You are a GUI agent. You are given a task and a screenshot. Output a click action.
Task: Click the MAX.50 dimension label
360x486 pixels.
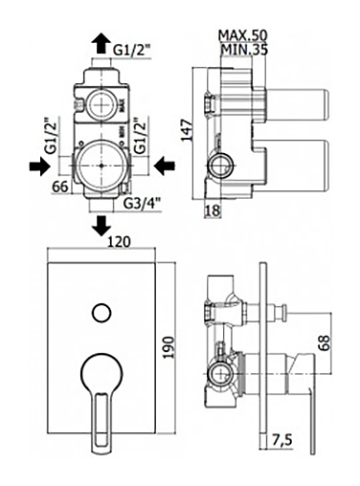[242, 35]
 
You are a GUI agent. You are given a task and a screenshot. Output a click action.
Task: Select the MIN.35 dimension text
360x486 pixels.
[244, 50]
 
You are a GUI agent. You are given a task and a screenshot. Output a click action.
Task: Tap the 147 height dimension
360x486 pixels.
[187, 130]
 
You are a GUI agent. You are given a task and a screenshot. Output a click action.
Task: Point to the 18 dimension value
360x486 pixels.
[213, 210]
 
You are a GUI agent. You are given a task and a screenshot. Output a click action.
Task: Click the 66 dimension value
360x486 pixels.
[60, 187]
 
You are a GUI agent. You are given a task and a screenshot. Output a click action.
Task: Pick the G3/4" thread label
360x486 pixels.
[142, 203]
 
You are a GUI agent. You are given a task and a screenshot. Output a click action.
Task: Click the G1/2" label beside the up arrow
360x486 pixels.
[132, 50]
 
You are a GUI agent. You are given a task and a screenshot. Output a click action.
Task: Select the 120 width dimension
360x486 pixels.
[119, 242]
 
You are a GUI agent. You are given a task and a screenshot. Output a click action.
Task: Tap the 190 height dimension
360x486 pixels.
[169, 347]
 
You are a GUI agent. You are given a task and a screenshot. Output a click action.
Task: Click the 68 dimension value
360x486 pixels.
[325, 342]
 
